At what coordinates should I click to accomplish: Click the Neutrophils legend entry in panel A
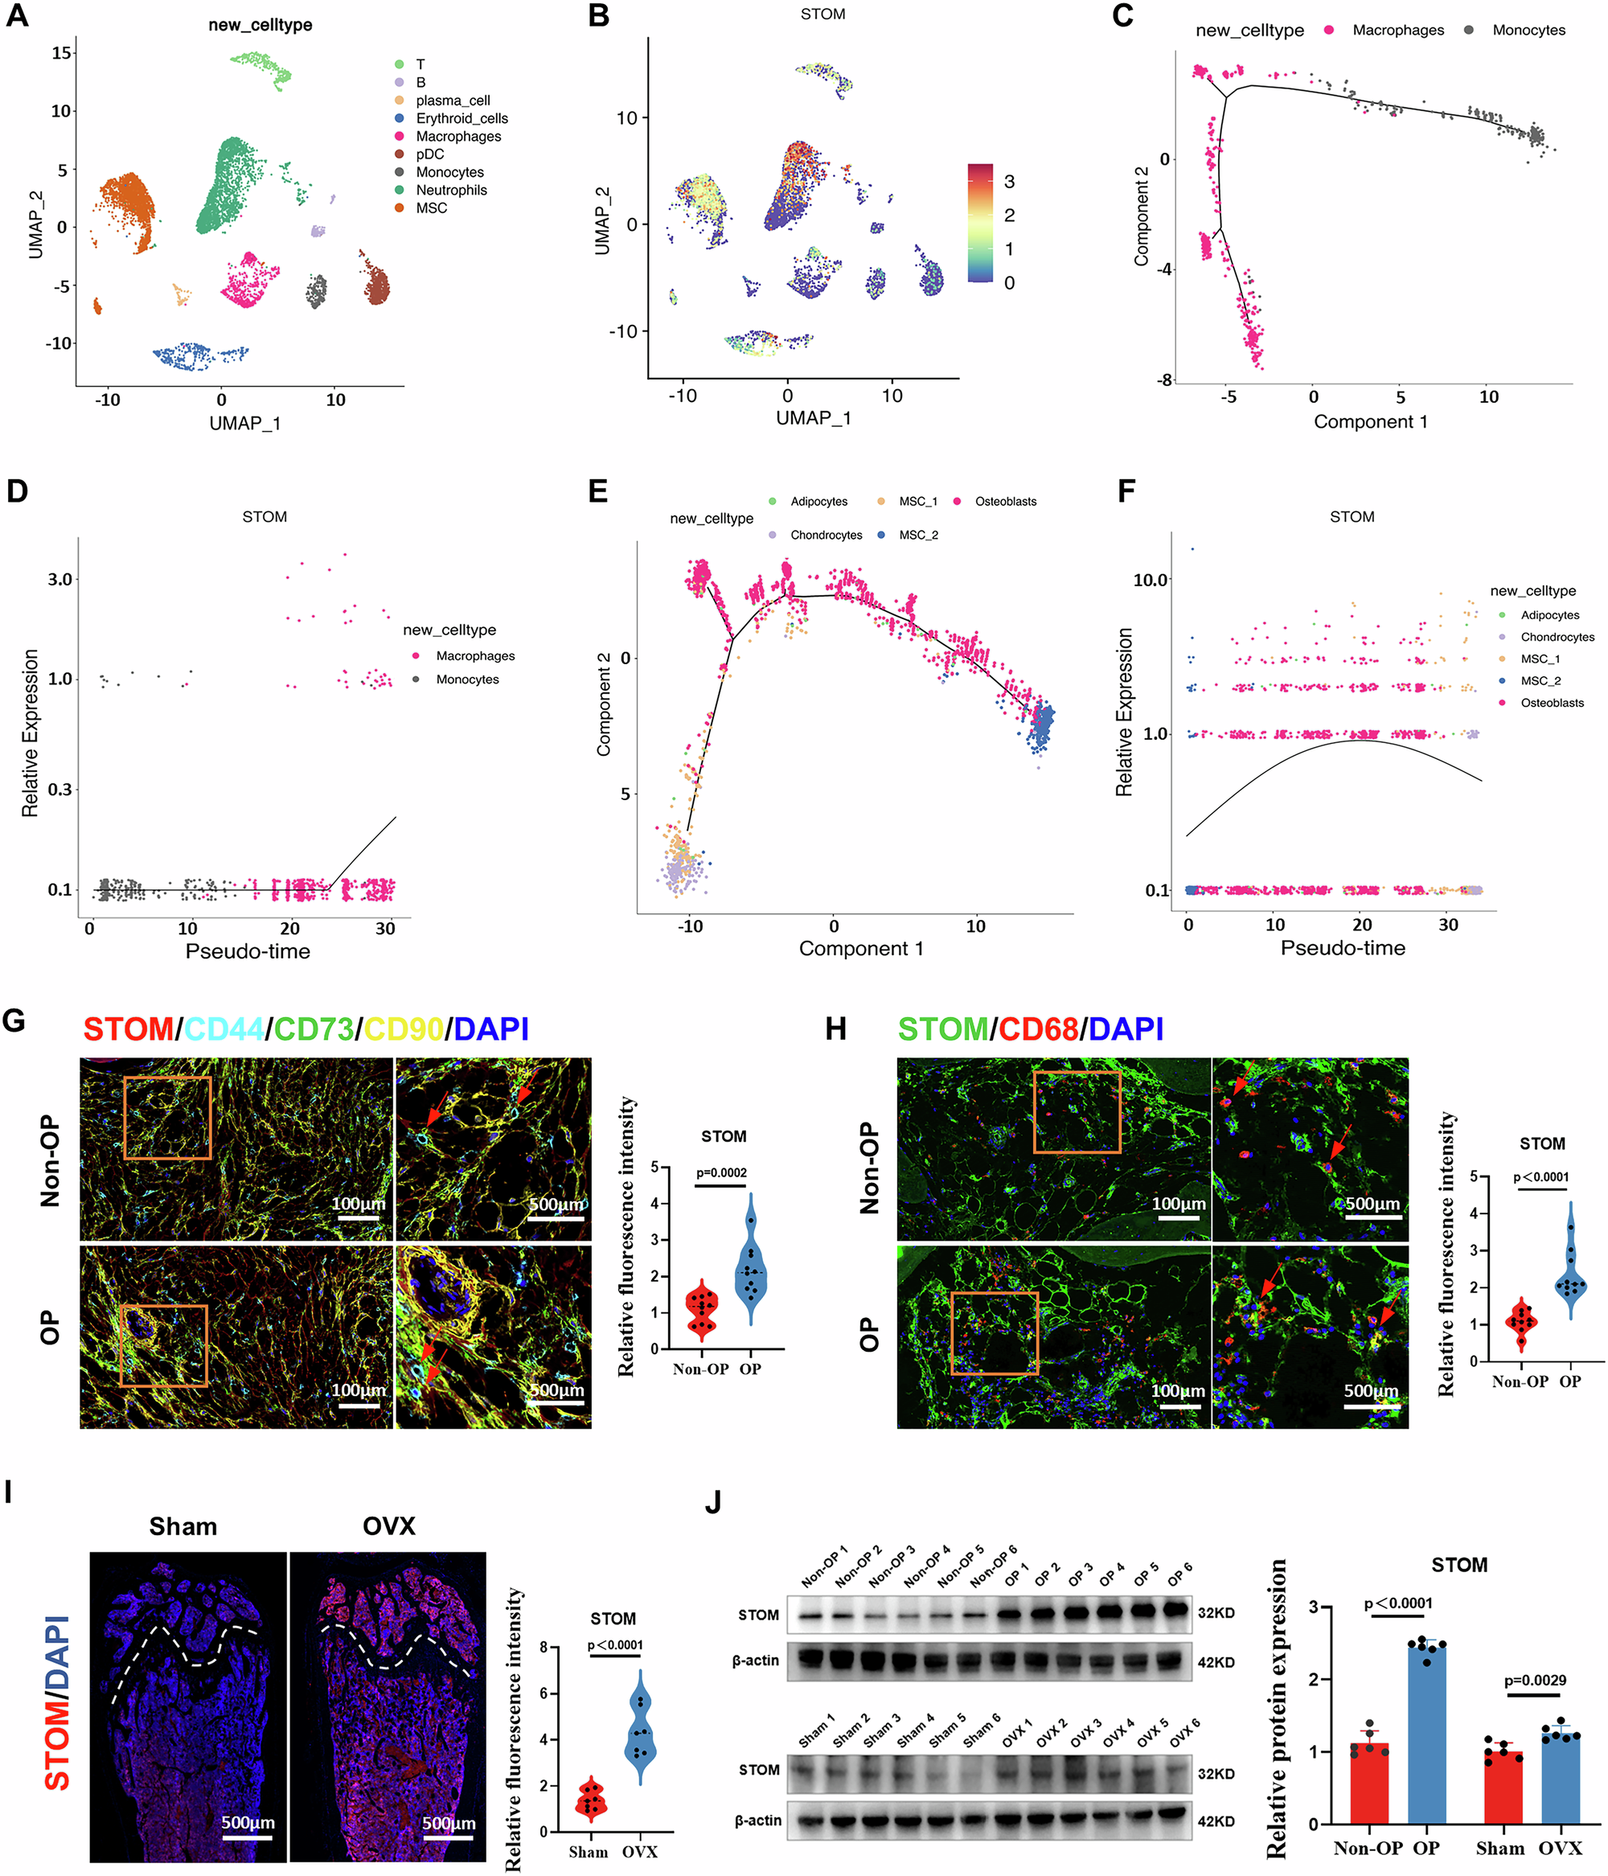coord(451,190)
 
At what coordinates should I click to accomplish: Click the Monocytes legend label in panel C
coord(1528,30)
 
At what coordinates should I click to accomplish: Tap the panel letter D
coord(17,491)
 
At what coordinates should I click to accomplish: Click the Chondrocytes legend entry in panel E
coord(825,535)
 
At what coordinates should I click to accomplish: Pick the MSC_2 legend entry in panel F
coord(1540,681)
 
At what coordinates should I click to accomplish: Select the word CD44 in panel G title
coord(224,1029)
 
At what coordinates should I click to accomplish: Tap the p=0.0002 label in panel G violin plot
coord(722,1172)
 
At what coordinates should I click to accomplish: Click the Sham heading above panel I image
coord(183,1526)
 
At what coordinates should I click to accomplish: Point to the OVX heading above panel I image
coord(388,1526)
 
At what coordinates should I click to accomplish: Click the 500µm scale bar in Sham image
coord(247,1837)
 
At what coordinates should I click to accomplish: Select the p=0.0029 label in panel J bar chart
coord(1535,1681)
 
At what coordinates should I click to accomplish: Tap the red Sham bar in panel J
coord(1503,1790)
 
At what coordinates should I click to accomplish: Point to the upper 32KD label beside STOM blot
coord(1216,1612)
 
